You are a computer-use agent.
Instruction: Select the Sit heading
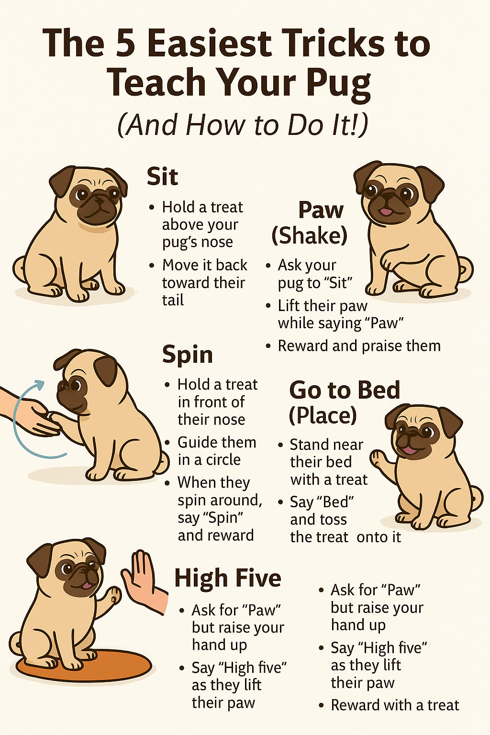162,177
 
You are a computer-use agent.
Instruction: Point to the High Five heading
228,578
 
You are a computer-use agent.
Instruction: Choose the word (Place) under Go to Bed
323,415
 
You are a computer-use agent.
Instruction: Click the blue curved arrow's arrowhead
40,385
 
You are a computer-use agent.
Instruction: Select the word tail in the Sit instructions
173,300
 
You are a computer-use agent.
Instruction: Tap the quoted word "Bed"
332,501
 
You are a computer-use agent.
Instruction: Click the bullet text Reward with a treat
395,704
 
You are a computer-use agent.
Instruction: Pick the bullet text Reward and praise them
359,346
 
